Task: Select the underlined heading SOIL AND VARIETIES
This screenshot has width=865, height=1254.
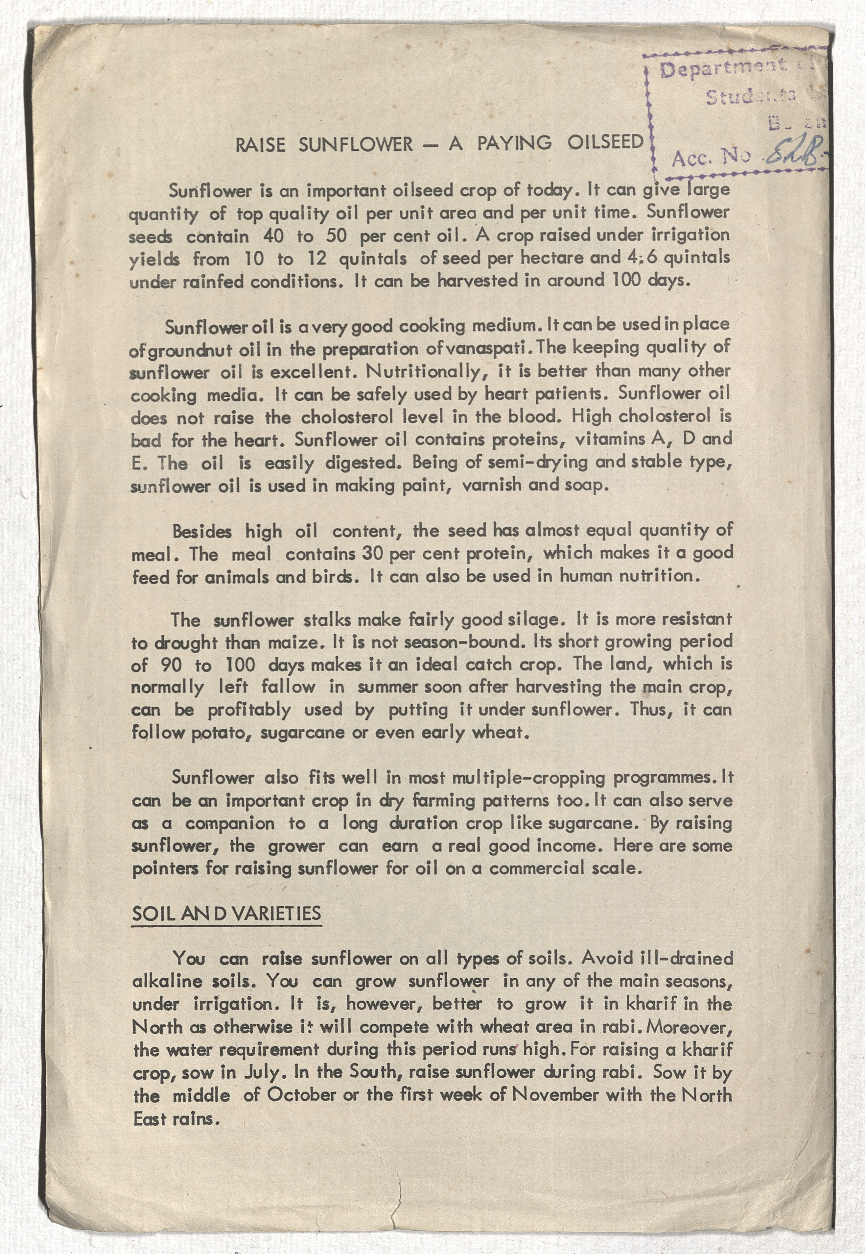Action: [226, 914]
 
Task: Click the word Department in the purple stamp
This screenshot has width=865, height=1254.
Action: [723, 68]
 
